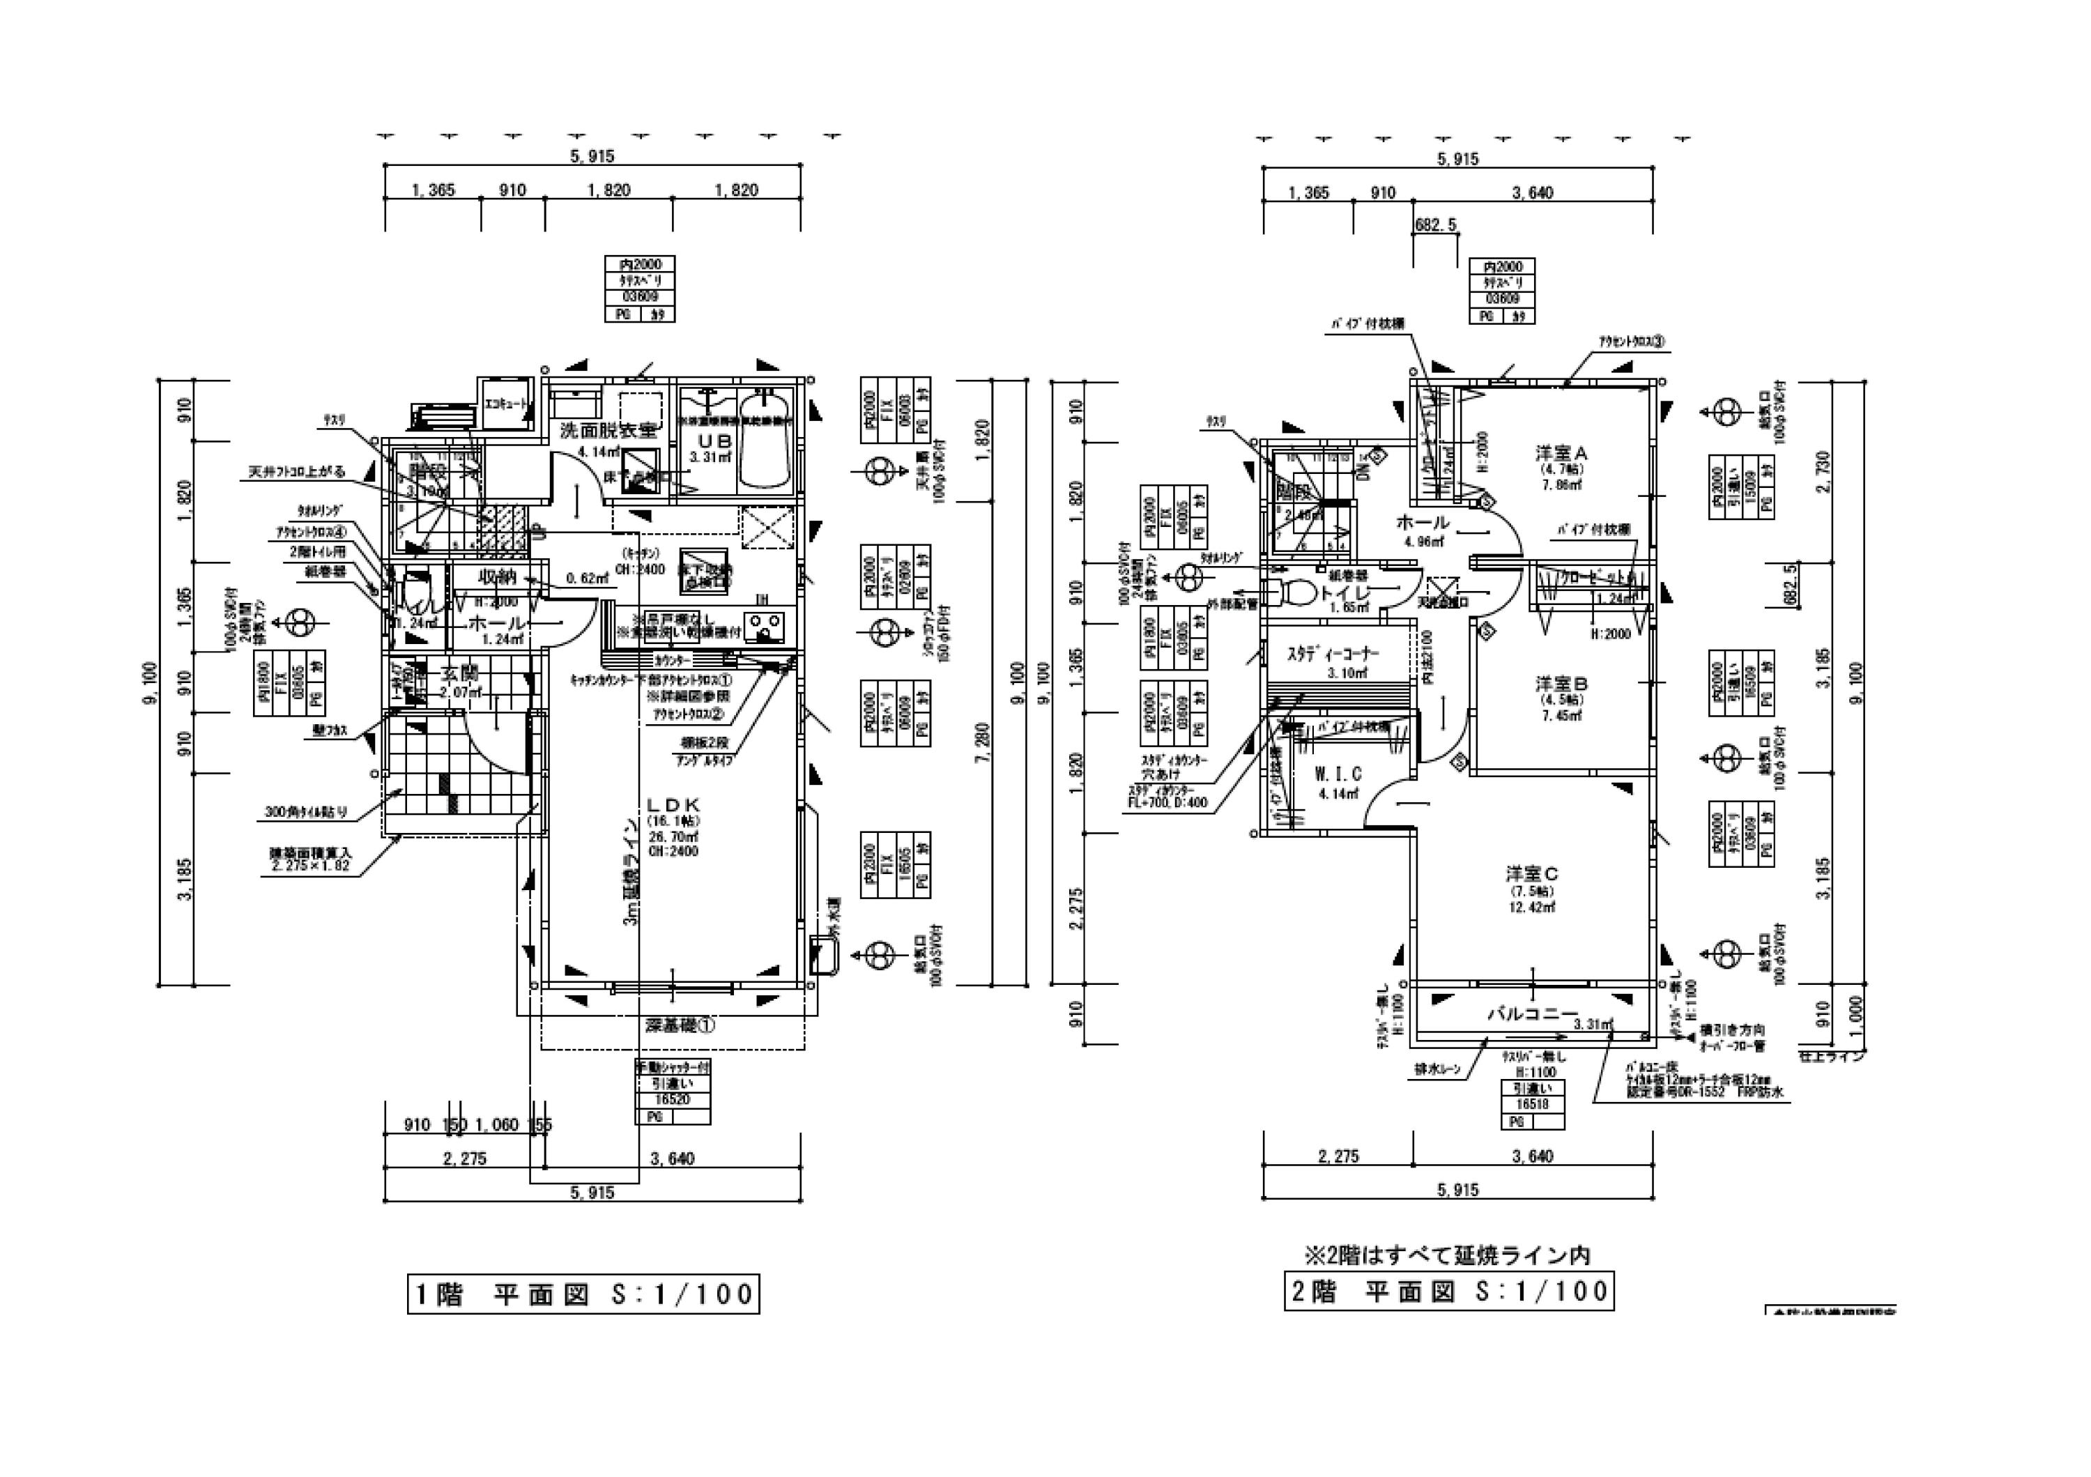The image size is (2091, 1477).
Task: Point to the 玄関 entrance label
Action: click(460, 675)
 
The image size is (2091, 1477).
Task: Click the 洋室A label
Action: click(1561, 452)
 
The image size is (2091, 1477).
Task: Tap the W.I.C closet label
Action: click(1337, 774)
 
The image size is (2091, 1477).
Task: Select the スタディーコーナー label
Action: click(1333, 654)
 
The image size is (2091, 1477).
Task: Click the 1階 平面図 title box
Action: click(583, 1294)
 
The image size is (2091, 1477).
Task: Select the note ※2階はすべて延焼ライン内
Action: click(1448, 1255)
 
